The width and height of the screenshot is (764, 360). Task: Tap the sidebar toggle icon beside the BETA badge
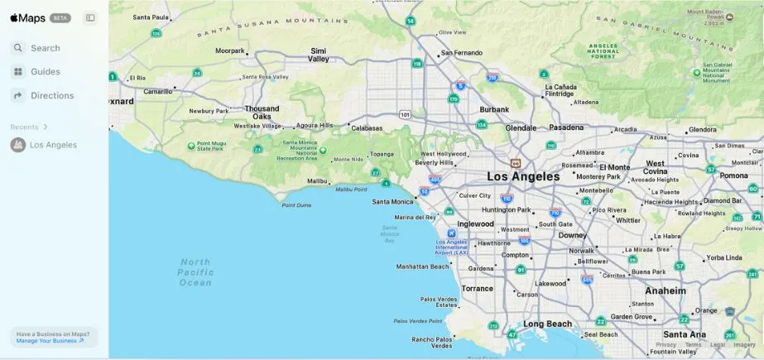(90, 17)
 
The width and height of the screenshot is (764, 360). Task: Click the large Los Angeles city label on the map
(523, 176)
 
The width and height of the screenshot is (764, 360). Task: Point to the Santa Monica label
(392, 202)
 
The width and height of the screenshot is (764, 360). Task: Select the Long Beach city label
(548, 324)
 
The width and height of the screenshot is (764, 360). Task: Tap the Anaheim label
(665, 291)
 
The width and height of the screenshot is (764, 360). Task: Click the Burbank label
(494, 109)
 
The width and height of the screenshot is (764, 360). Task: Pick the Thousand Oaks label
(262, 113)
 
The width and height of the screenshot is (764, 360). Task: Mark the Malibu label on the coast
(317, 180)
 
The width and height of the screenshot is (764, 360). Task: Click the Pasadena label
(566, 127)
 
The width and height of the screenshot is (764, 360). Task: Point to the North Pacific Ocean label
(195, 271)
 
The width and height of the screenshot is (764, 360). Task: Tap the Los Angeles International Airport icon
(451, 233)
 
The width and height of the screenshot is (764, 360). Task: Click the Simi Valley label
(319, 55)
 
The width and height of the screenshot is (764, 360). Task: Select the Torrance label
(477, 289)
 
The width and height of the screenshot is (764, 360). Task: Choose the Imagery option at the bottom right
(744, 345)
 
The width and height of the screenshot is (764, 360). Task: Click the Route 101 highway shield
(404, 114)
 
